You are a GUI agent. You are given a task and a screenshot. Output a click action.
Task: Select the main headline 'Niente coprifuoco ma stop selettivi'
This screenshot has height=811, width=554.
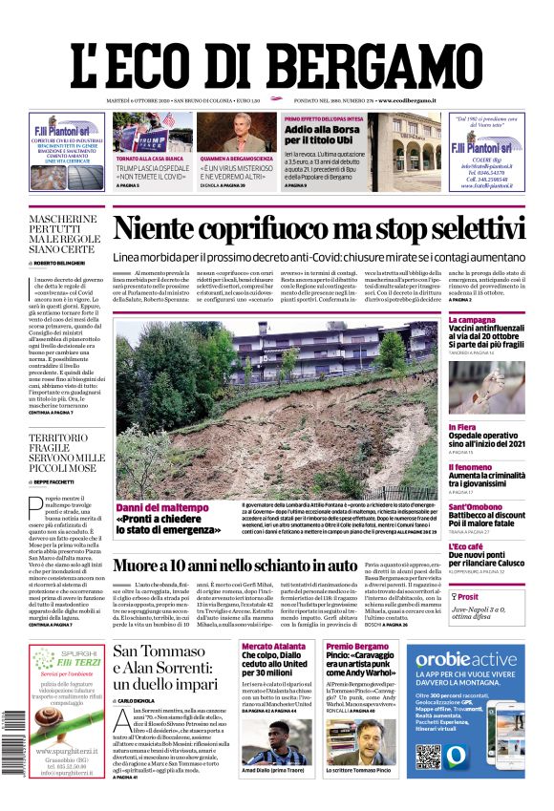pyautogui.click(x=319, y=229)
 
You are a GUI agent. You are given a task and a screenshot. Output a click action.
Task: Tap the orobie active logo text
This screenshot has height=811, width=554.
pyautogui.click(x=467, y=659)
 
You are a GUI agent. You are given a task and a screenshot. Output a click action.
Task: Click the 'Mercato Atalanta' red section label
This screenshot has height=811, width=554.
pyautogui.click(x=272, y=647)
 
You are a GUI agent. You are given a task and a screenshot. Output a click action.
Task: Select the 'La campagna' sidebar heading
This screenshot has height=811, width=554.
pyautogui.click(x=472, y=319)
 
